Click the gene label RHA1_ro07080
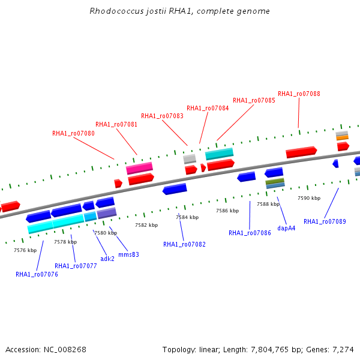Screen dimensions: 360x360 coord(73,133)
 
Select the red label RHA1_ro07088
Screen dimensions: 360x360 coord(299,94)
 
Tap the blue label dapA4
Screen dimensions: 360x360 coord(286,228)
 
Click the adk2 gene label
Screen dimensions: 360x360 coord(107,259)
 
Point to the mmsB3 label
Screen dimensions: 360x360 coord(128,254)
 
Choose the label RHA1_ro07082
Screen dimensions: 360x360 coord(184,244)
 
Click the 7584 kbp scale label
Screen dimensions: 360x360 coord(187,217)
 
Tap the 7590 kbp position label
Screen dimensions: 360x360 coord(309,198)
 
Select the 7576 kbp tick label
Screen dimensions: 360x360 coord(25,250)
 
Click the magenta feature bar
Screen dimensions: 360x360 coord(139,168)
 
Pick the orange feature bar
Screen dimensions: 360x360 coord(343,138)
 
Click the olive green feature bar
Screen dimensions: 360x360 coord(275,181)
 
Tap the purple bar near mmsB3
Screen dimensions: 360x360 coord(107,213)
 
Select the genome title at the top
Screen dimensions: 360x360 coord(180,11)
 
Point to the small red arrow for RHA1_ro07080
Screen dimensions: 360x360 coord(118,184)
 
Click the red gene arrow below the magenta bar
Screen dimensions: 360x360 coord(141,179)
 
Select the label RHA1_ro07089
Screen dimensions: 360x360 coord(325,221)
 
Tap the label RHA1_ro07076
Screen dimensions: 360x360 coord(37,274)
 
